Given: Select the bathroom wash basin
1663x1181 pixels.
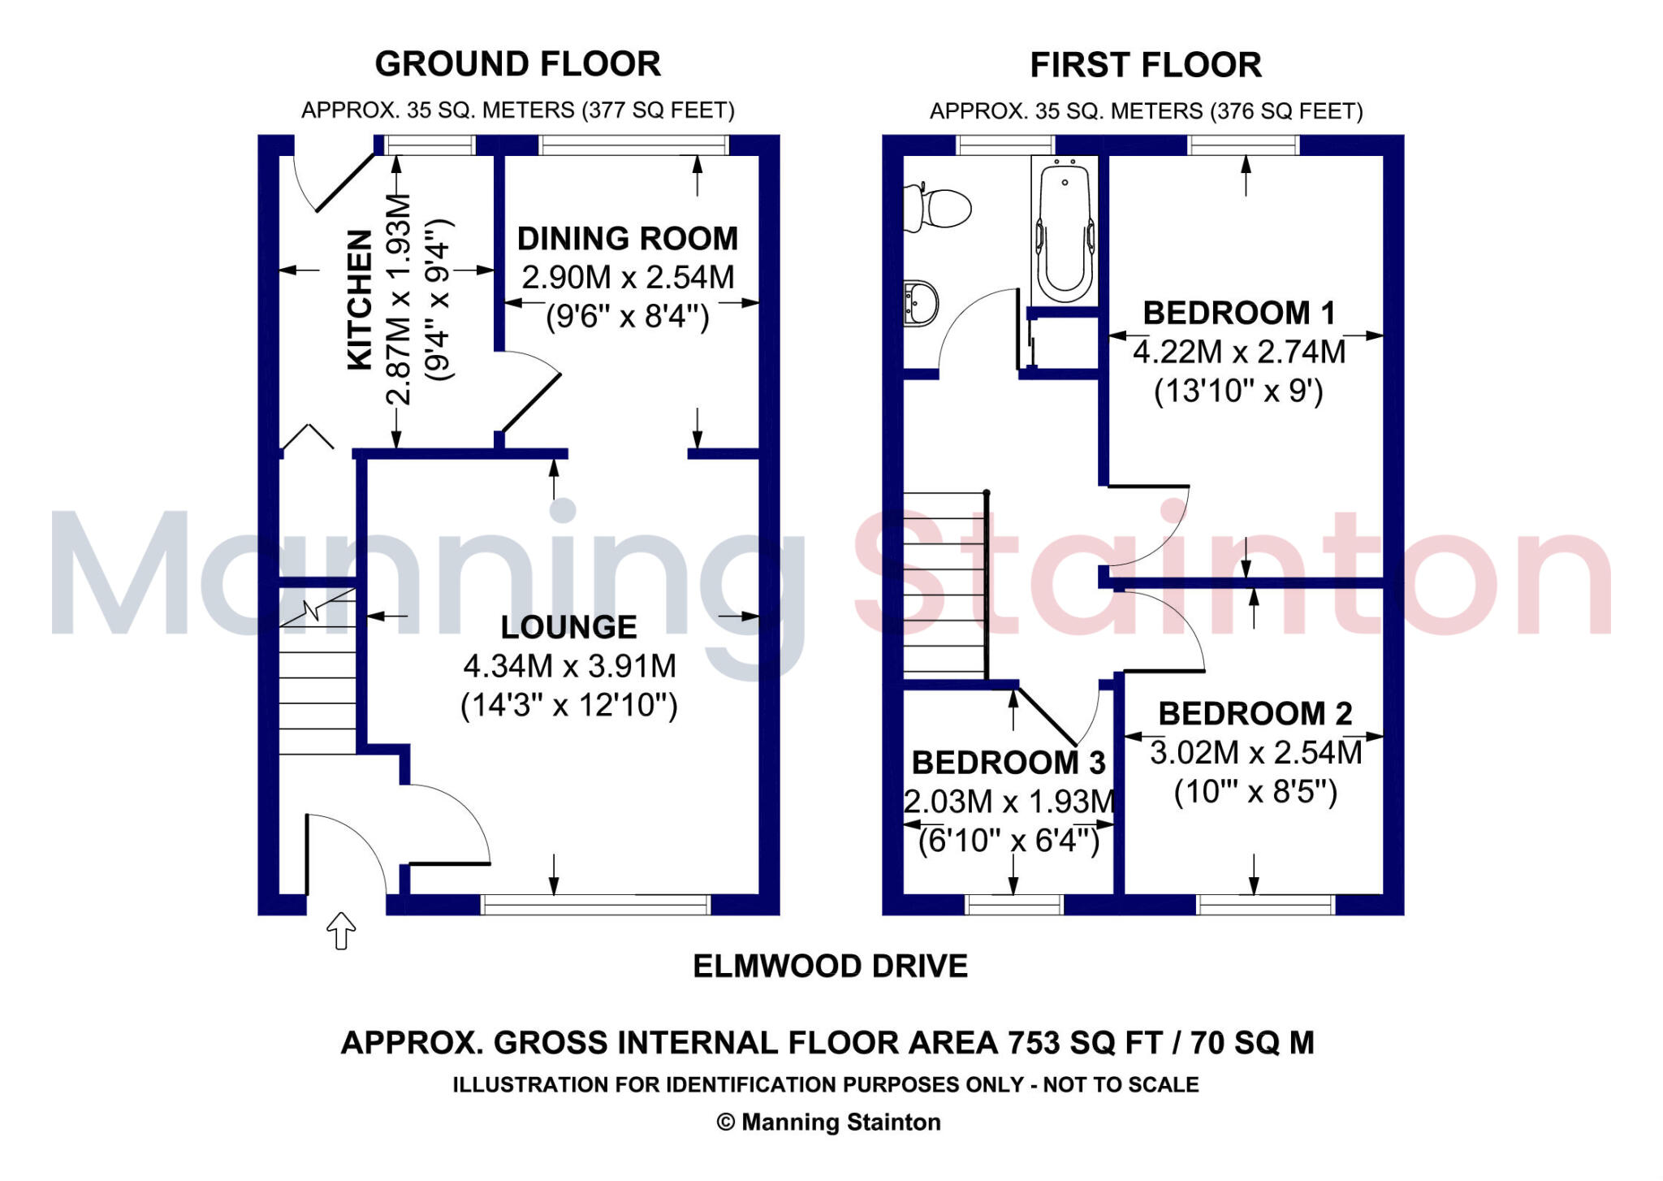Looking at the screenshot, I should point(921,303).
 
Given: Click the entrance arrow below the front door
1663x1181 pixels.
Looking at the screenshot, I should point(341,930).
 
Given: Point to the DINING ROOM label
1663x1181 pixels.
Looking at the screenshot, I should point(628,239).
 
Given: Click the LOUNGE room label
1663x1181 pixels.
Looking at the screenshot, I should point(568,627).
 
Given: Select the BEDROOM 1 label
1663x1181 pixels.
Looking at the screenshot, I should point(1238,313).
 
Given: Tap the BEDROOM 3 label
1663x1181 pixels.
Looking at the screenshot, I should point(1008,763).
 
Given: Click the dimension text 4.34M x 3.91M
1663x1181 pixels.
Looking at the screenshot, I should point(569,666).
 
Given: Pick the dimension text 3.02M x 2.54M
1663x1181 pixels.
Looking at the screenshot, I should point(1255,753).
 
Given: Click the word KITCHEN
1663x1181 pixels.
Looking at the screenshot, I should point(360,300).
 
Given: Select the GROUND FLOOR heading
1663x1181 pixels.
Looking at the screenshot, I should point(517,64).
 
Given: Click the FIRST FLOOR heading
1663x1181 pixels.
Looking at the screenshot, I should point(1145,65).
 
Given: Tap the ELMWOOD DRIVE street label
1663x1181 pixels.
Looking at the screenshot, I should point(830,966).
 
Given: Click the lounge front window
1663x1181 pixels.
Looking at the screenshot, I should point(596,903).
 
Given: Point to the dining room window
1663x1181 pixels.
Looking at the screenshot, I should point(634,145).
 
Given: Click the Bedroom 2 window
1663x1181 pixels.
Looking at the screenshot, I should point(1265,903).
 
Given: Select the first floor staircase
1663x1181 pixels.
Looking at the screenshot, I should point(944,585).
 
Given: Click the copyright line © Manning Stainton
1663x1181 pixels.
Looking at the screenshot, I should point(829,1123).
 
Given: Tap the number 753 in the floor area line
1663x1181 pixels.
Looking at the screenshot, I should point(1033,1043).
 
